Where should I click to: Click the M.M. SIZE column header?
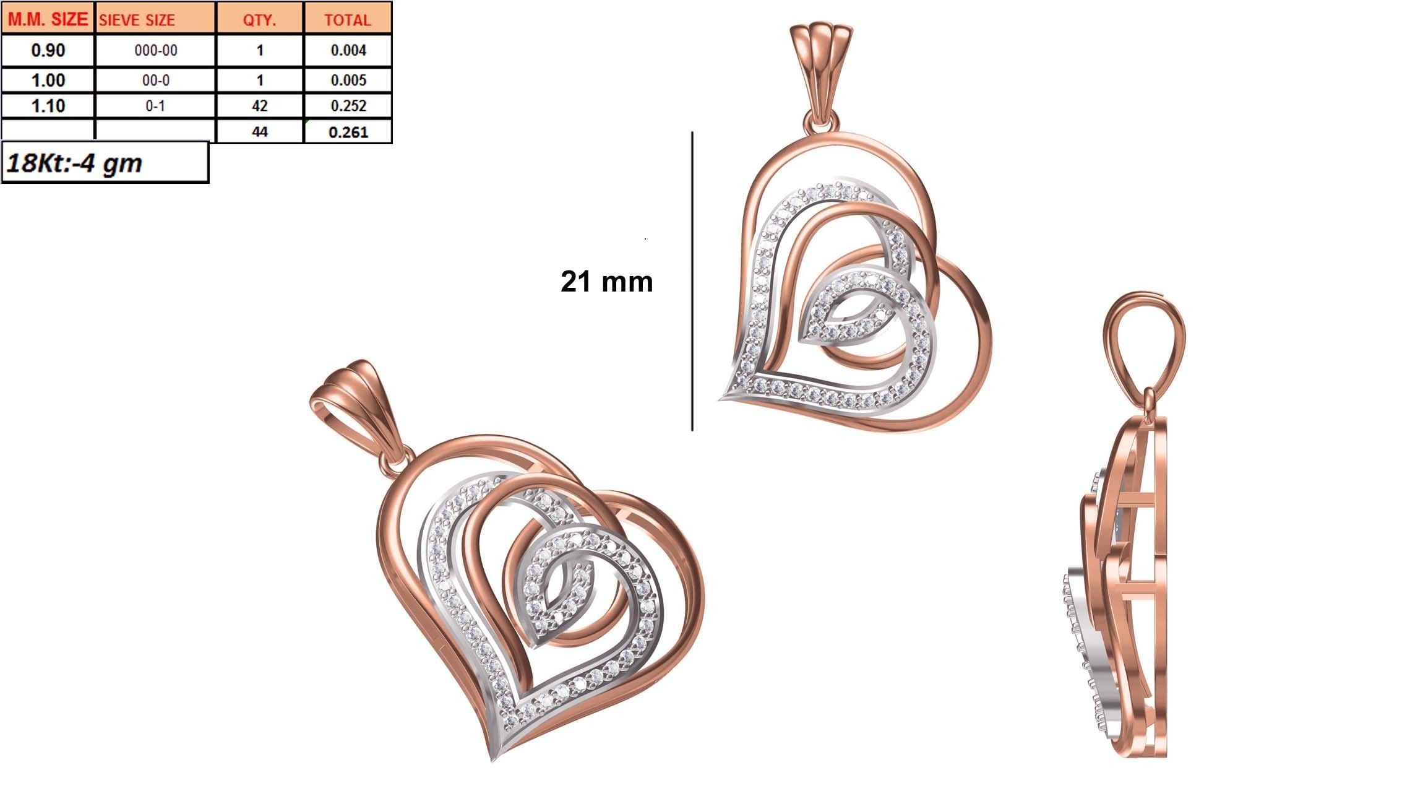pos(48,19)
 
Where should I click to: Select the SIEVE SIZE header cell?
pos(137,20)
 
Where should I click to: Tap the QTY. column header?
pos(259,20)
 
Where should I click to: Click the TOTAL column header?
pos(348,20)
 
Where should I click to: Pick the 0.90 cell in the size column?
pos(48,50)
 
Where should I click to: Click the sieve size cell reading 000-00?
pos(155,50)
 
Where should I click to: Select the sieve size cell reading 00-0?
pos(155,80)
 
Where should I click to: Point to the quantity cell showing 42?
pos(259,106)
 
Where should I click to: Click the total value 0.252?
pos(348,106)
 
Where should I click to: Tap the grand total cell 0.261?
pos(348,132)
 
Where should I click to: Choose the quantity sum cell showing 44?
pos(259,132)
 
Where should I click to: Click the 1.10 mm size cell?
pos(48,106)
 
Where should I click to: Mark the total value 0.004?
pos(348,50)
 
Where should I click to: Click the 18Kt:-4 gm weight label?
pos(74,163)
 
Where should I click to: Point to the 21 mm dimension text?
pos(606,282)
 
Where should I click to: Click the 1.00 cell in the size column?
pos(48,80)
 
